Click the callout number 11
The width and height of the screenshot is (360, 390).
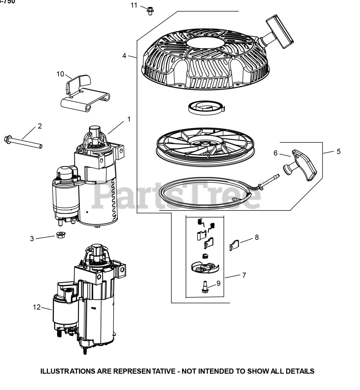pos(134,5)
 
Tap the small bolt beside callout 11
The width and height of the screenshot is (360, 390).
pos(150,11)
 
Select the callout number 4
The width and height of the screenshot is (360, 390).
pos(124,56)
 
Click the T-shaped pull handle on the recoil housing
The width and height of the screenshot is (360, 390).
pos(280,32)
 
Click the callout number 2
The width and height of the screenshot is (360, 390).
pos(40,126)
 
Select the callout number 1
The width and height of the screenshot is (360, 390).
pos(129,119)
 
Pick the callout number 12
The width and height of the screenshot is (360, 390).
pos(37,307)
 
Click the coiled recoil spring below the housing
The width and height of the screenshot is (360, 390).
pos(206,107)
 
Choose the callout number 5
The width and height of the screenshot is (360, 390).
pos(339,151)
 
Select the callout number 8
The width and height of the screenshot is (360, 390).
pos(257,237)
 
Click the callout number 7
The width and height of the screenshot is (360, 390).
pos(244,275)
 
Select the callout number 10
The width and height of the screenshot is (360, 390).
pos(60,74)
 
